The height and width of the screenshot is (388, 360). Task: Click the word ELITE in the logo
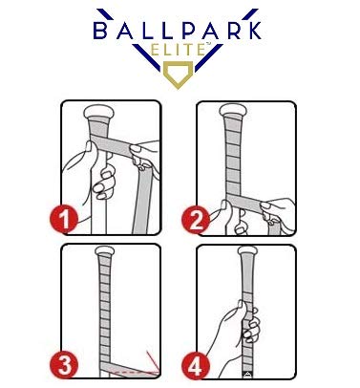(x=180, y=54)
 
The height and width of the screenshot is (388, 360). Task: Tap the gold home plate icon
(x=179, y=75)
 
